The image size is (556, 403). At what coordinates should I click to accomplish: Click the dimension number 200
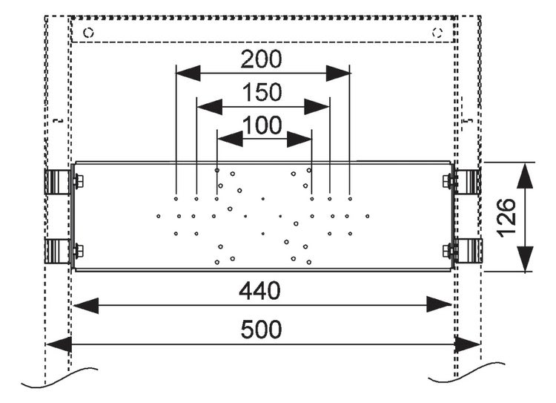point(262,59)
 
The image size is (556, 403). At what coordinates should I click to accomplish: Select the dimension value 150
point(262,93)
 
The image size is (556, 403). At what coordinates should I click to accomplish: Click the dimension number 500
point(262,330)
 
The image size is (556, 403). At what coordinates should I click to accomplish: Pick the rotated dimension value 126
point(505,217)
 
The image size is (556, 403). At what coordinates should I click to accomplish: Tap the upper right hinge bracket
point(467,182)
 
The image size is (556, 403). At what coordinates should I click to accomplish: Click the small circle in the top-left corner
point(88,33)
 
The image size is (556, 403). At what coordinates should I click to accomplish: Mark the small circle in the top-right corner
point(437,33)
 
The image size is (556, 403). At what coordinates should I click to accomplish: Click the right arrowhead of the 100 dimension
point(300,138)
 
